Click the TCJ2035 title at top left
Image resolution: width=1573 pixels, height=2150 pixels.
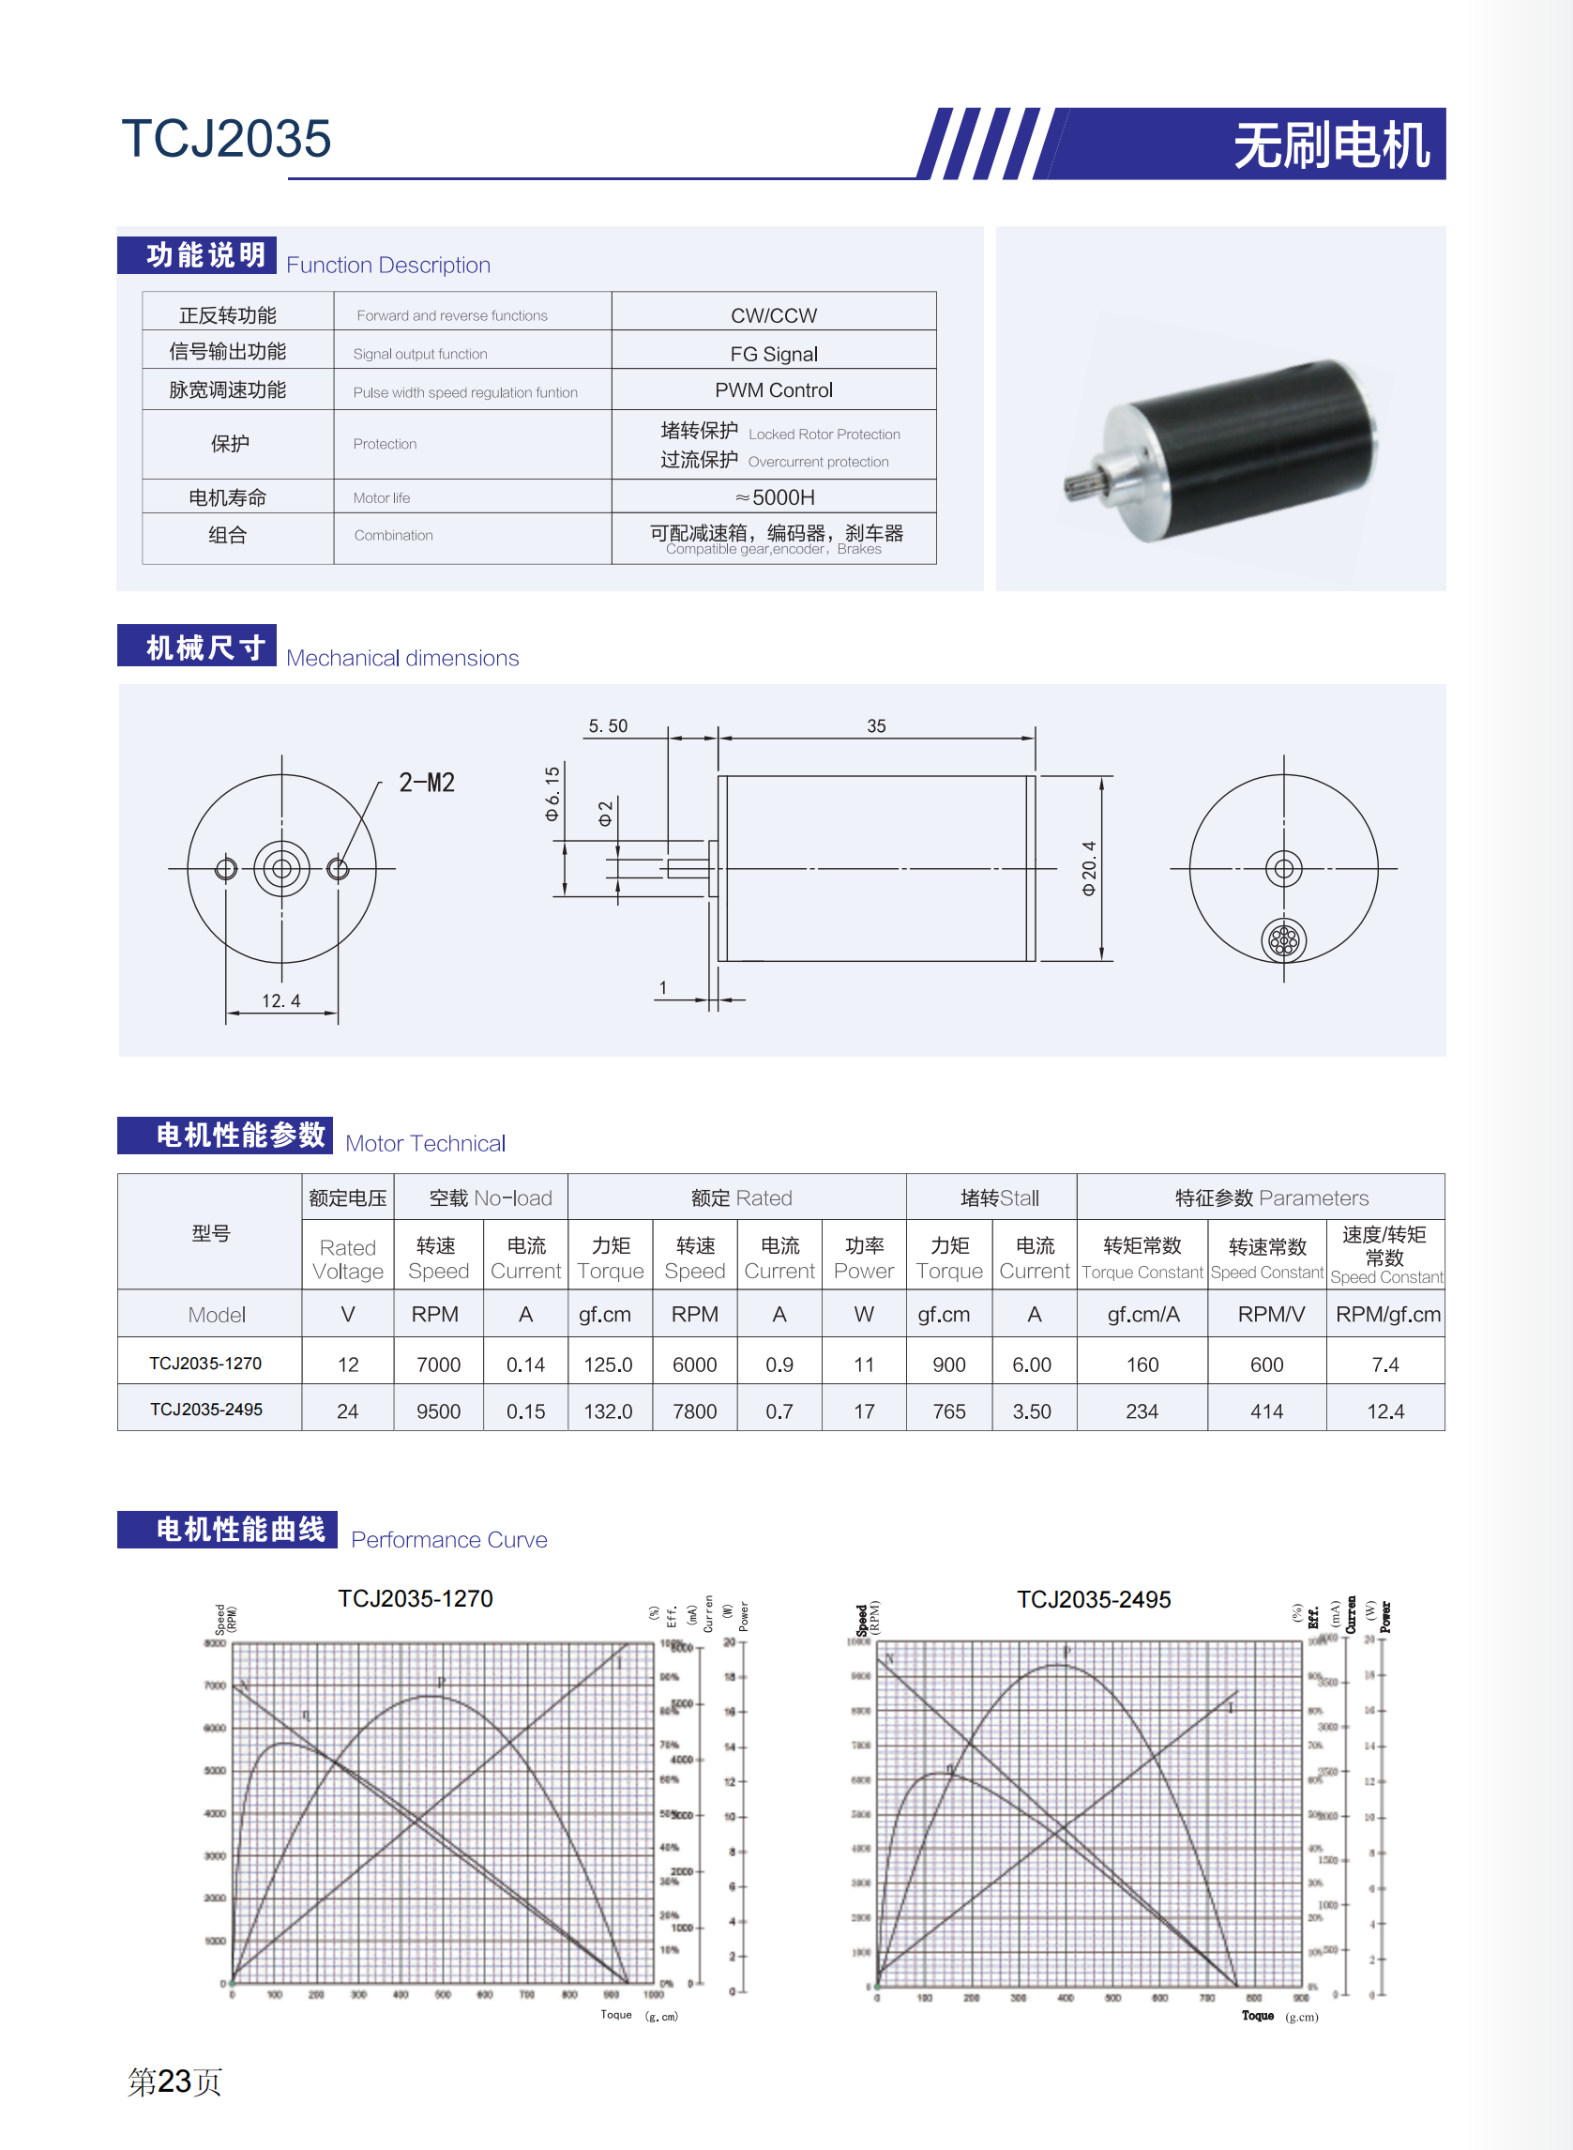pos(226,139)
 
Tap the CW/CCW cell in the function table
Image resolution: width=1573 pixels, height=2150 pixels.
pos(773,315)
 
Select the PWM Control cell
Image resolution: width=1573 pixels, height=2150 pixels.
pos(773,390)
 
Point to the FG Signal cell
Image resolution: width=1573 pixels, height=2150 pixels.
pos(773,355)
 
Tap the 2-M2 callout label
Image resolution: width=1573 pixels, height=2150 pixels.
pos(427,783)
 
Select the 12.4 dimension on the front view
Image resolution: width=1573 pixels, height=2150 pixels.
pos(280,1000)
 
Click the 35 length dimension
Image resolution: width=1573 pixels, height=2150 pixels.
pos(876,725)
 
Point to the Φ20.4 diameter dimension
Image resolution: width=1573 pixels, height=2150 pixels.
pos(1089,868)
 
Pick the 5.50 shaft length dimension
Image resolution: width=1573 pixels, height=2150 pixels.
pos(608,725)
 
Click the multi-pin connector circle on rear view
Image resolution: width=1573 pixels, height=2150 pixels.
pos(1283,940)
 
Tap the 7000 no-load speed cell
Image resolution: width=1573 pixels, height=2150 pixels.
pos(438,1365)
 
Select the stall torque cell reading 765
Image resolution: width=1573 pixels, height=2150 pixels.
pos(948,1410)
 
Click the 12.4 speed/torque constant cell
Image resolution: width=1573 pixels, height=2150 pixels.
pos(1385,1410)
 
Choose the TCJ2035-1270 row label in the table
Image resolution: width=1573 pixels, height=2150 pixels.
pos(205,1364)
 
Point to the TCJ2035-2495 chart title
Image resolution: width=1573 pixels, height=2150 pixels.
pos(1093,1599)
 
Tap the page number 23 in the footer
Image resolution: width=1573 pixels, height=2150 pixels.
pos(174,2081)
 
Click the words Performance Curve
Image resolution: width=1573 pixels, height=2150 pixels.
pos(448,1539)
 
